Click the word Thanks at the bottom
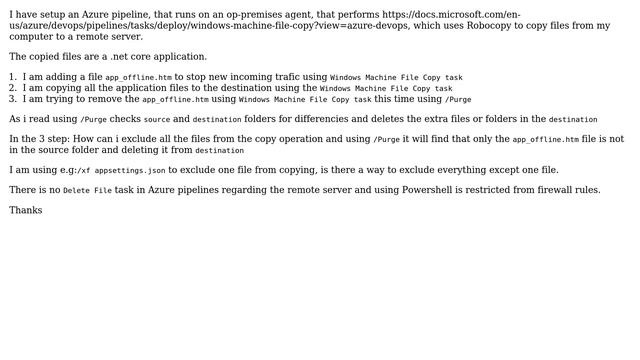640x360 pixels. tap(25, 211)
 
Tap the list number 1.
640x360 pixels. tap(12, 77)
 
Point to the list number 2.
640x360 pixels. tap(12, 88)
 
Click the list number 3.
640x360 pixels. tap(12, 99)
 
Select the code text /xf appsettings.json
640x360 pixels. tap(121, 171)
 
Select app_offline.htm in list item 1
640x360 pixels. tap(138, 77)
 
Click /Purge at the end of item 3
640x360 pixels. tap(458, 100)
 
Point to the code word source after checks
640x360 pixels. tap(157, 120)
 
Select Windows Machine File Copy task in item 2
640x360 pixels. tap(386, 89)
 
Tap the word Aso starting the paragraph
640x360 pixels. tap(18, 119)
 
